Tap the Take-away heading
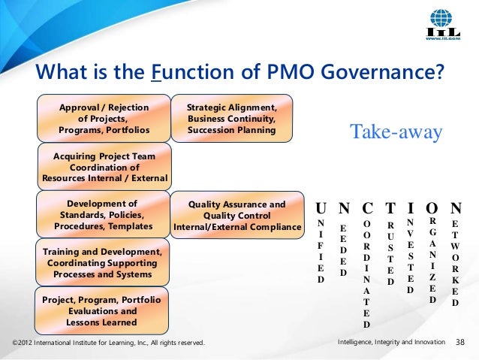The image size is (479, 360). click(396, 132)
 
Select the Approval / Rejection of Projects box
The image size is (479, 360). click(104, 119)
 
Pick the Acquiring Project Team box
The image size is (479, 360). click(104, 167)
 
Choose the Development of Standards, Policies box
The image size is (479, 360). click(104, 215)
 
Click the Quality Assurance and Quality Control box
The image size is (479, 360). click(236, 215)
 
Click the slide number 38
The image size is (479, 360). click(462, 343)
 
